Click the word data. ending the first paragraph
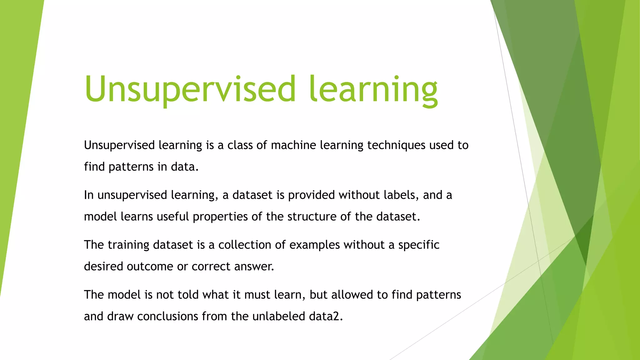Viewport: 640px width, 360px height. [185, 167]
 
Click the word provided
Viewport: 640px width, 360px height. [311, 195]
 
